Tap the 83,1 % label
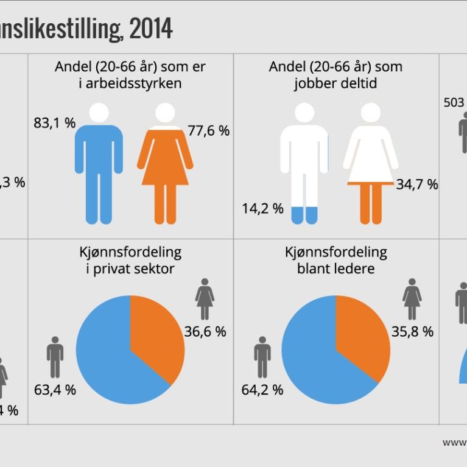point(54,124)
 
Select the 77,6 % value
point(209,131)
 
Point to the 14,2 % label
point(262,209)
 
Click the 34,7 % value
point(417,184)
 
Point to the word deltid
point(357,83)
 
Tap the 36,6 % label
point(205,332)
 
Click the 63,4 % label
point(55,390)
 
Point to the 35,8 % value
point(412,332)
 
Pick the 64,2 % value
point(262,390)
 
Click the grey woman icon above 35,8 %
point(412,298)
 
